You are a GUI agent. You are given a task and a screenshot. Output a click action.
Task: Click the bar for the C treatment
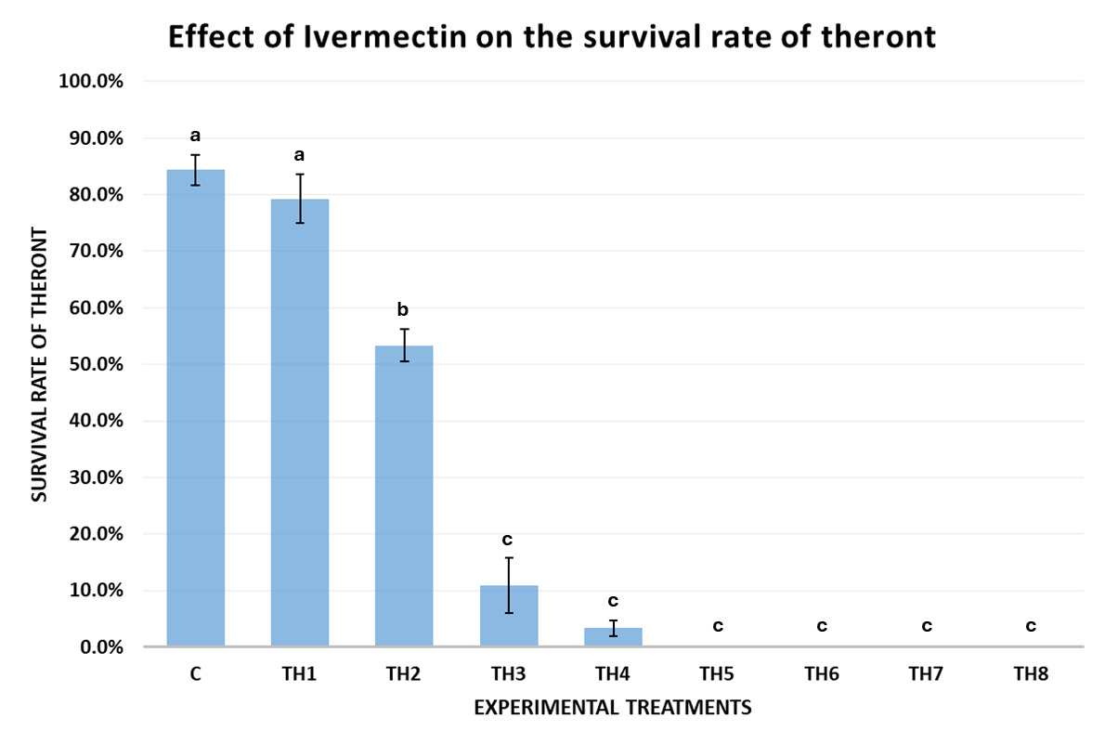click(195, 409)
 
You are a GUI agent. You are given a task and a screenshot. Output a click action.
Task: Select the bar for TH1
click(300, 423)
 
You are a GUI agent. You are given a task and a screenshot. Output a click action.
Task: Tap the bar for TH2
click(404, 496)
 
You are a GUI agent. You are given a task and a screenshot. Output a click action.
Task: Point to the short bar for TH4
click(613, 637)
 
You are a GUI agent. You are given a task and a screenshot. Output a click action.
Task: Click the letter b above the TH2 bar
click(404, 309)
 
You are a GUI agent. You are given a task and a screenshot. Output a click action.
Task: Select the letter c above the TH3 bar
click(508, 540)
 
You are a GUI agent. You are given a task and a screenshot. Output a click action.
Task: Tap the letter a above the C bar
click(195, 136)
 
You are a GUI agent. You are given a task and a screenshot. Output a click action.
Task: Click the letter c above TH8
click(1031, 625)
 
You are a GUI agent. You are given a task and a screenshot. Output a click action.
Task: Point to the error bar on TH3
click(509, 585)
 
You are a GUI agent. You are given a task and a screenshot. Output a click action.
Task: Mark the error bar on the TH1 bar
click(300, 198)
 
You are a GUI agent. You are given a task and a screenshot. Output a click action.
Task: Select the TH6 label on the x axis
click(822, 675)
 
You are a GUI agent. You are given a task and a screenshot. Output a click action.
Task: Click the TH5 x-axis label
click(718, 675)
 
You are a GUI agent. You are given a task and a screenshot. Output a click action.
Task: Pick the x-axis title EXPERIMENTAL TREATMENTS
click(612, 708)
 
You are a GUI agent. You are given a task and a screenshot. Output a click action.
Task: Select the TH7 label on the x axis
click(926, 675)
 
